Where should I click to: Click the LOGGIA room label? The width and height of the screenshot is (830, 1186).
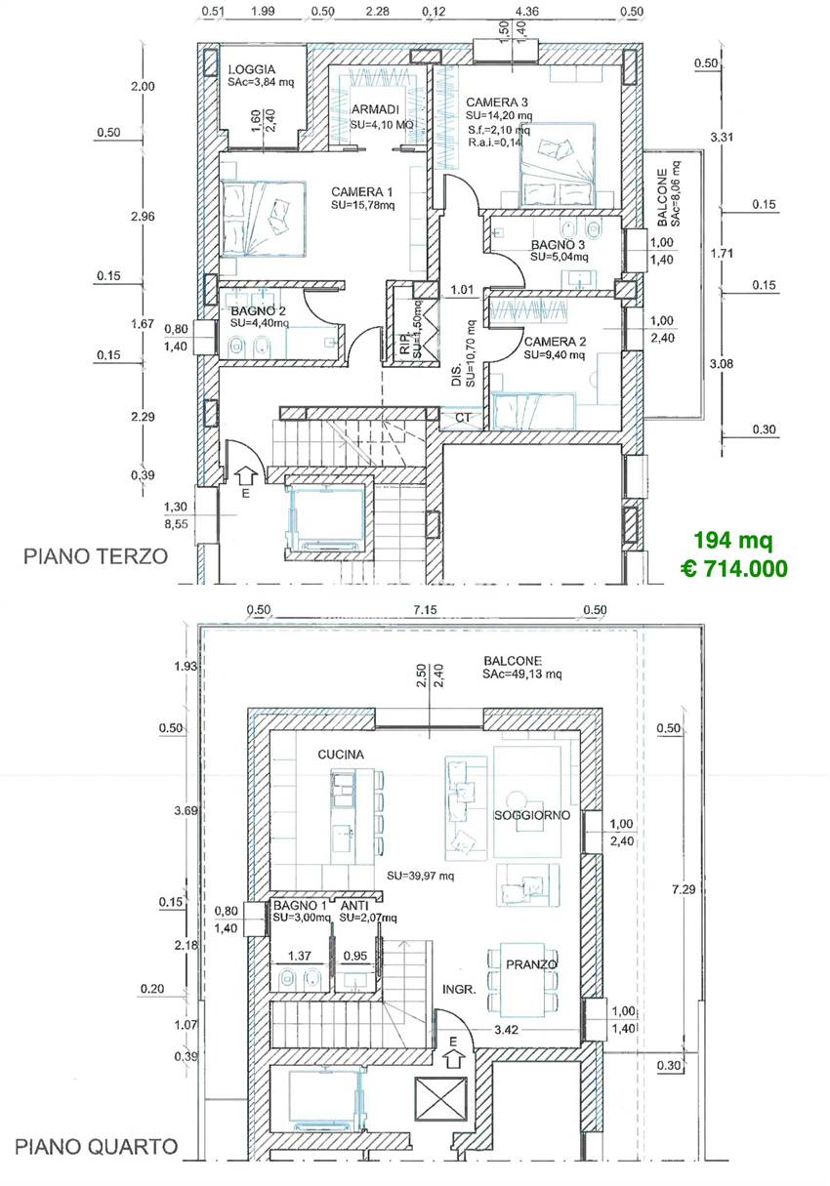coord(252,69)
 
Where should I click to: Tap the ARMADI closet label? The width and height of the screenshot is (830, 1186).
coord(375,109)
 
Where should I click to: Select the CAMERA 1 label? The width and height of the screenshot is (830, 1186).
coord(361,191)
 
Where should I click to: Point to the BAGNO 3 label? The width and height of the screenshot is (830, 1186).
coord(558,245)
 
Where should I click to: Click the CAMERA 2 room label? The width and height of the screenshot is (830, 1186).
coord(555,342)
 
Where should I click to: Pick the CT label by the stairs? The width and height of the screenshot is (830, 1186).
coord(463,418)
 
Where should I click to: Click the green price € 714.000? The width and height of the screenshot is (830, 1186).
coord(734,569)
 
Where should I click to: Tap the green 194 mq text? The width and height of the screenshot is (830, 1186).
coord(733,540)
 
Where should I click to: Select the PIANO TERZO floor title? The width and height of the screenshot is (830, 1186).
coord(96,556)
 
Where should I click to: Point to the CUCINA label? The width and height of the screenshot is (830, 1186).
coord(341,755)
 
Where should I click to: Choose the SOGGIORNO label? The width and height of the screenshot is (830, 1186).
coord(532,815)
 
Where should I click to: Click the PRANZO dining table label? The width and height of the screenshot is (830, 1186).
coord(531,964)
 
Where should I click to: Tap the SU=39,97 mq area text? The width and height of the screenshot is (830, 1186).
coord(420,876)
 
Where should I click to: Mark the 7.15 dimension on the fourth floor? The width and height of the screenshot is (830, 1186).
coord(425,609)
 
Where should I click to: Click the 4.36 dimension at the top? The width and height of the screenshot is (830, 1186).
coord(527,11)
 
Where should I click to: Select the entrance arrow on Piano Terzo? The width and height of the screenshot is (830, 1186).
coord(246,476)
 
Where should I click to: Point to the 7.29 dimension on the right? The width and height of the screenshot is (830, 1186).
coord(684,889)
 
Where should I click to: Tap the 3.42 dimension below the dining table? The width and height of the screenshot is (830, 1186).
coord(506,1030)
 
